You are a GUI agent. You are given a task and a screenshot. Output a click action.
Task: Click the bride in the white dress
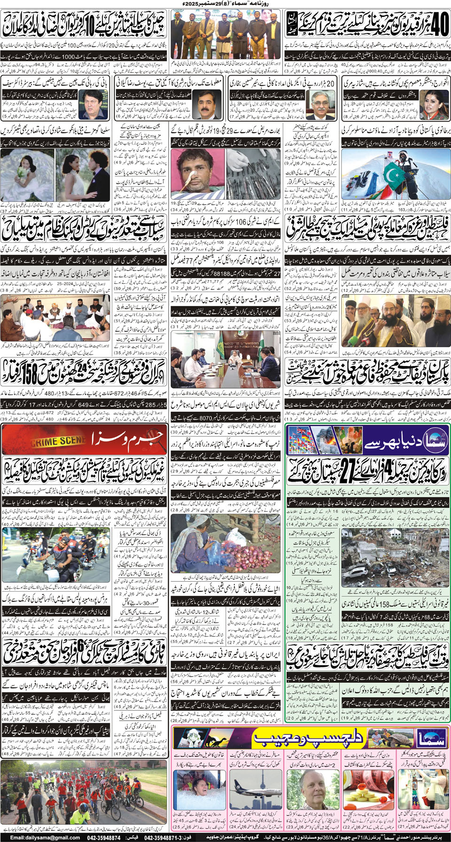point(24,172)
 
